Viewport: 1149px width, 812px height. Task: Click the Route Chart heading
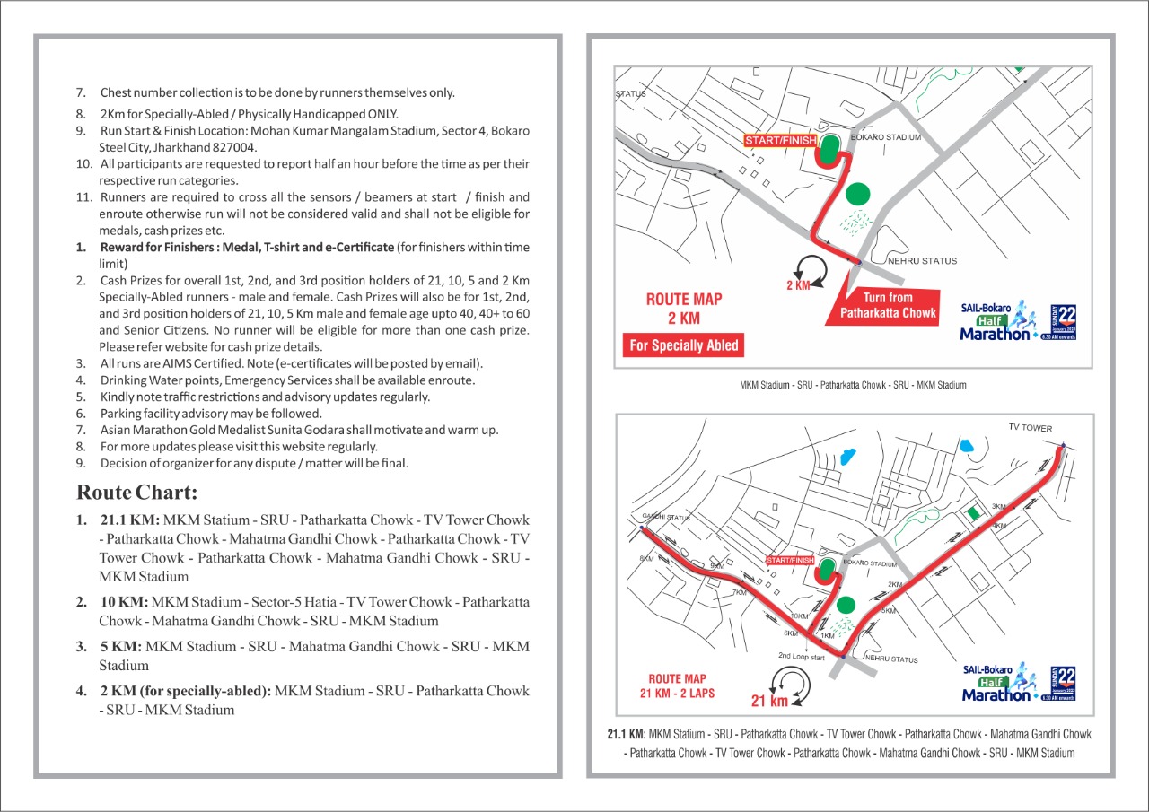(136, 493)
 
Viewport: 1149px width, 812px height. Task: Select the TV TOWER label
(1030, 428)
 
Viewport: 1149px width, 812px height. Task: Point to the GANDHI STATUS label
(664, 518)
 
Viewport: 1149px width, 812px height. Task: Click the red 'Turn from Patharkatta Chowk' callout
(888, 305)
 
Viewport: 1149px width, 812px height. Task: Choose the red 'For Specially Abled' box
(684, 345)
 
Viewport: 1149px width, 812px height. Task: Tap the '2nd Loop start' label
(802, 656)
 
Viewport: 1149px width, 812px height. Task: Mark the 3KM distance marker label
(998, 507)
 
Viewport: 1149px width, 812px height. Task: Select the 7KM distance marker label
(739, 592)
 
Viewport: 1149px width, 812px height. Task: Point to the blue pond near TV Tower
(966, 443)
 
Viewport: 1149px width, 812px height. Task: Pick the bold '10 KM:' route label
(124, 602)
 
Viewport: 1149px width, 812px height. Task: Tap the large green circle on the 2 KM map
(857, 194)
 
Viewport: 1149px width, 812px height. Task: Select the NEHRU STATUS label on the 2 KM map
(922, 261)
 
